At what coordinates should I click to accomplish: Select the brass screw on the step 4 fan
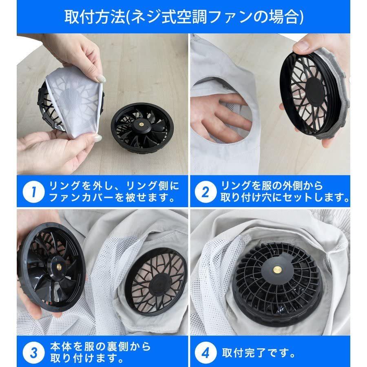pyautogui.click(x=278, y=269)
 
